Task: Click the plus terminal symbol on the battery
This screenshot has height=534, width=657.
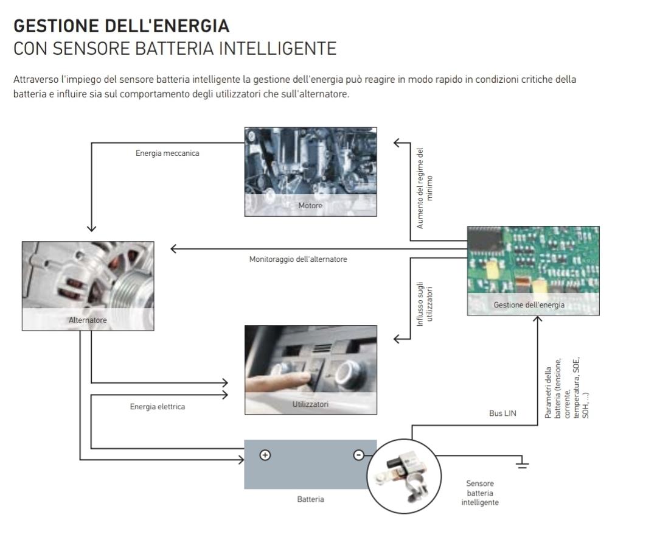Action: pos(265,455)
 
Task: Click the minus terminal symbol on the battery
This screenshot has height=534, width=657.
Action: pos(358,455)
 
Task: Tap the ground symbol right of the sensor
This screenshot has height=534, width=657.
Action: pos(521,463)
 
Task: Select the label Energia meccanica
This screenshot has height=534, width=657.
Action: pos(167,153)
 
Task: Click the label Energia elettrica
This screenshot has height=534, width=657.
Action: pos(158,406)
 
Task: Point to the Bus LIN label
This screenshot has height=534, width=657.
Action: pos(502,413)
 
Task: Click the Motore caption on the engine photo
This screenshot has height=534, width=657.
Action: pos(310,206)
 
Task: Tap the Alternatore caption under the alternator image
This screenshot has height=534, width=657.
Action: pos(88,320)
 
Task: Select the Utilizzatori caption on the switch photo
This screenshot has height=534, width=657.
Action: pos(310,404)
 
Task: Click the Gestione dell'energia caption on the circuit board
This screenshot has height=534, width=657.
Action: pos(529,305)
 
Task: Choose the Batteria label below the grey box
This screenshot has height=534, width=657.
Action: pos(310,499)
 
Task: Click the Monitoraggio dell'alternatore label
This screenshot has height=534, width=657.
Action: pos(298,259)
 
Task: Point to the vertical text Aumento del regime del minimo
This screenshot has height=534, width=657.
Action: pos(424,188)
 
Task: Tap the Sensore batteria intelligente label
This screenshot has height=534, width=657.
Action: pos(480,493)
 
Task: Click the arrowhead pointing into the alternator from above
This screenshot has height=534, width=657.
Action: pos(91,228)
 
